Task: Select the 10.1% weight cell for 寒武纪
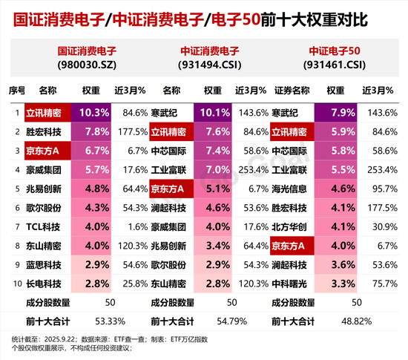(x=212, y=113)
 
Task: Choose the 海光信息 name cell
(x=290, y=189)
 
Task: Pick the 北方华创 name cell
(x=290, y=226)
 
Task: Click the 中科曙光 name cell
(x=290, y=283)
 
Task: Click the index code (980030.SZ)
(x=91, y=65)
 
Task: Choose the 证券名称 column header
(x=290, y=90)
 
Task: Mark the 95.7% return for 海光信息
(x=378, y=189)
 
